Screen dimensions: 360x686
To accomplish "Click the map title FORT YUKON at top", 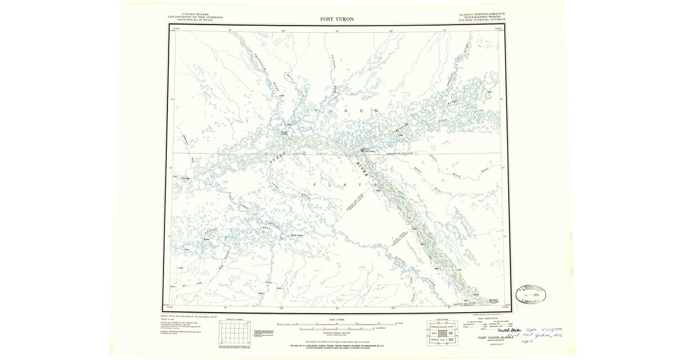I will click(337, 19).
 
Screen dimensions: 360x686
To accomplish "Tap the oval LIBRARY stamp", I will click(531, 294).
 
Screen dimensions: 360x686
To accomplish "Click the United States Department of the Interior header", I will click(195, 17).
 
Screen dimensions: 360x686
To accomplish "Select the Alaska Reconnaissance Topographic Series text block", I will click(481, 16).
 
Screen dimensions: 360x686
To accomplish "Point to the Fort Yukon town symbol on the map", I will click(364, 151).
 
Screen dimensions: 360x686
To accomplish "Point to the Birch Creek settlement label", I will click(297, 234).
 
